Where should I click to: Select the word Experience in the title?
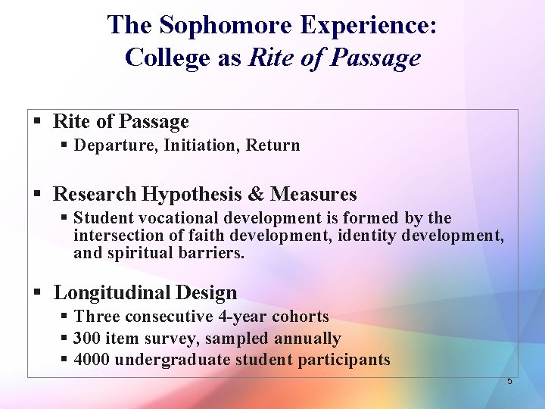367,25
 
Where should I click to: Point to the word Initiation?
201,145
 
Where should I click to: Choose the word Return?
272,145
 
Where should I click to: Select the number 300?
89,339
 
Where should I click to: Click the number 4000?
93,360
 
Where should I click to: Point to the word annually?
308,339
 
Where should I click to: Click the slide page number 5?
509,381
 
